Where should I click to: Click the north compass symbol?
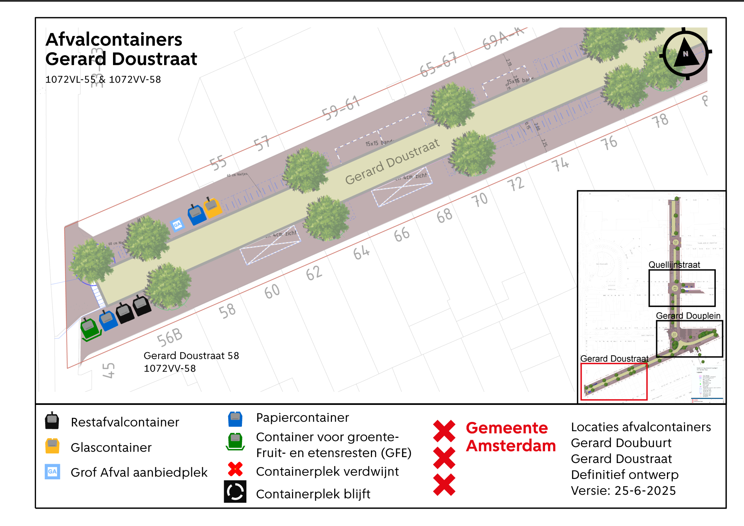click(x=685, y=54)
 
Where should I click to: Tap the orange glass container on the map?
click(x=212, y=207)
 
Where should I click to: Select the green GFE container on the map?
click(x=90, y=328)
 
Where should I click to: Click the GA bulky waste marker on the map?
click(x=177, y=224)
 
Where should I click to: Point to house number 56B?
click(x=170, y=337)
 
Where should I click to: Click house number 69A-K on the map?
click(x=504, y=37)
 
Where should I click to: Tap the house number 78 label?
click(x=660, y=120)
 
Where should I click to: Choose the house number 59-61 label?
click(x=341, y=108)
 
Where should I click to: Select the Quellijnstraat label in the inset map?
click(x=674, y=264)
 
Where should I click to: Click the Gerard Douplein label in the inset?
click(x=688, y=316)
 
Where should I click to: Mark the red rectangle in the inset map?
click(x=614, y=382)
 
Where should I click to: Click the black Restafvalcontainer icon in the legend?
click(x=52, y=421)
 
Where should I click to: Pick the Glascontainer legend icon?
click(x=52, y=446)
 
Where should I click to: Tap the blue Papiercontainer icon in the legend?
click(x=235, y=419)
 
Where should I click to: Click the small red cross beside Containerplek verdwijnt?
click(x=235, y=469)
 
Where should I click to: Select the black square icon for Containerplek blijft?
click(x=235, y=492)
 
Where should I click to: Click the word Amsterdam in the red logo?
click(x=511, y=446)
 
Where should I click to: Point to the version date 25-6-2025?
click(x=645, y=490)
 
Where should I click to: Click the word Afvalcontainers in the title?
click(x=114, y=40)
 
